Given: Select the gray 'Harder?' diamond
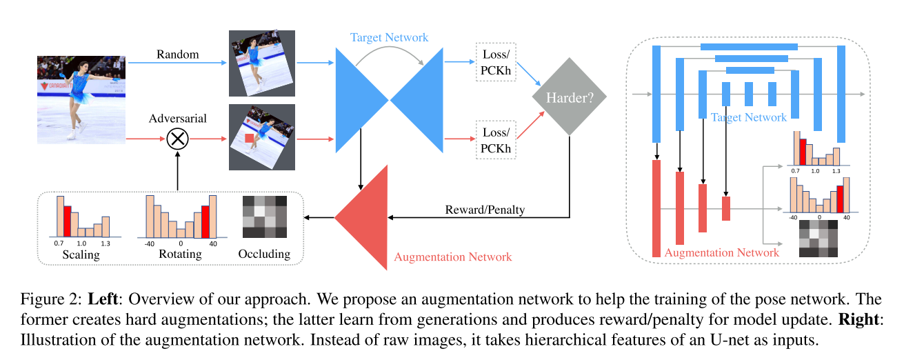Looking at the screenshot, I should tap(569, 99).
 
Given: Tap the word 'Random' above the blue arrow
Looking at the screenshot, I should tap(177, 54).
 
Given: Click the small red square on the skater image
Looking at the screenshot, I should tap(250, 140).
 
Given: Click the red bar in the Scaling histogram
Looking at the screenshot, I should tap(68, 221).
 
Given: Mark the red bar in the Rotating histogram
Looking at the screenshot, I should tap(205, 221).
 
